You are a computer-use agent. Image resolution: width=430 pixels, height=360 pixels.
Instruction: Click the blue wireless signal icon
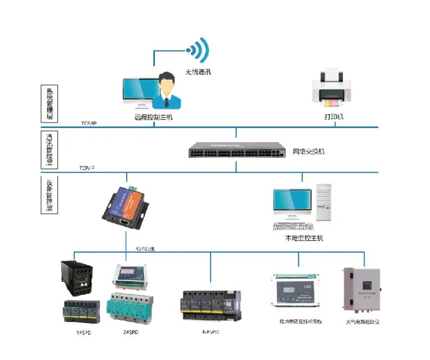tap(198, 49)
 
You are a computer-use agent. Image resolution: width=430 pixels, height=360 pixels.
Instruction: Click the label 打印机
tap(334, 117)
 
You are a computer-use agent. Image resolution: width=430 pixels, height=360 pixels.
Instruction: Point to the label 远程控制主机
tap(153, 117)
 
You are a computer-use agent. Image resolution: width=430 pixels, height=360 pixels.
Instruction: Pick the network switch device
tap(236, 150)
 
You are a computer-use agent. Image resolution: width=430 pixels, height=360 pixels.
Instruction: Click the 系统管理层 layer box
tap(49, 102)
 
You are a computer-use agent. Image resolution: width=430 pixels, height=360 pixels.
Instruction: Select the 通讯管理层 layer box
tap(49, 149)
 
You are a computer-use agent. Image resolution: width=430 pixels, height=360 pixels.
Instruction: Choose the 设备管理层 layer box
tap(49, 195)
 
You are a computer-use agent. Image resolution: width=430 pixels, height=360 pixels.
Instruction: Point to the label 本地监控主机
tap(304, 237)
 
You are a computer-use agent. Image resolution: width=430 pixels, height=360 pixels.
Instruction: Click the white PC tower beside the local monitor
tap(323, 202)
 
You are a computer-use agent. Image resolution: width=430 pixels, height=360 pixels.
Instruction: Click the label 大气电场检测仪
tap(362, 322)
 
